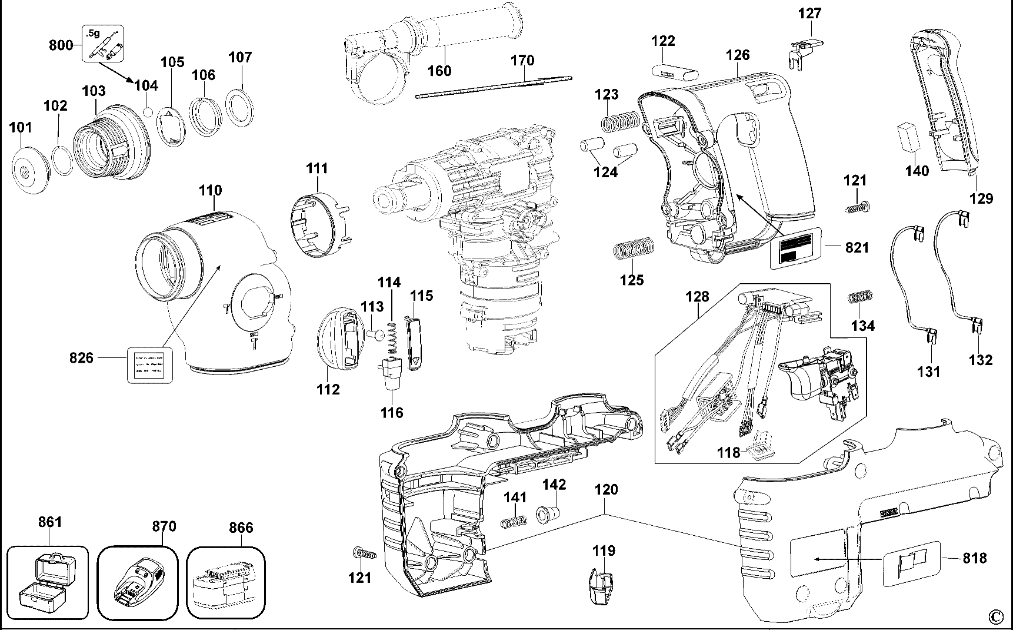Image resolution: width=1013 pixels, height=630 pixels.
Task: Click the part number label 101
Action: (x=21, y=127)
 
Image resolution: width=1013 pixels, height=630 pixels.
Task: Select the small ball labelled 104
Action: (x=148, y=111)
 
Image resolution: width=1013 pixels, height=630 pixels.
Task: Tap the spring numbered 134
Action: (x=860, y=299)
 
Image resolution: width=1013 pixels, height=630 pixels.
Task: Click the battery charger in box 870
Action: (x=138, y=583)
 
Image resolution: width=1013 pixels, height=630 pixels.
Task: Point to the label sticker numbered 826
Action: (x=150, y=366)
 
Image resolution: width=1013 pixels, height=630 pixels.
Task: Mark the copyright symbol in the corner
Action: (x=995, y=616)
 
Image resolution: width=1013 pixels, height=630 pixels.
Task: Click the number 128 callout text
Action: (x=697, y=296)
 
